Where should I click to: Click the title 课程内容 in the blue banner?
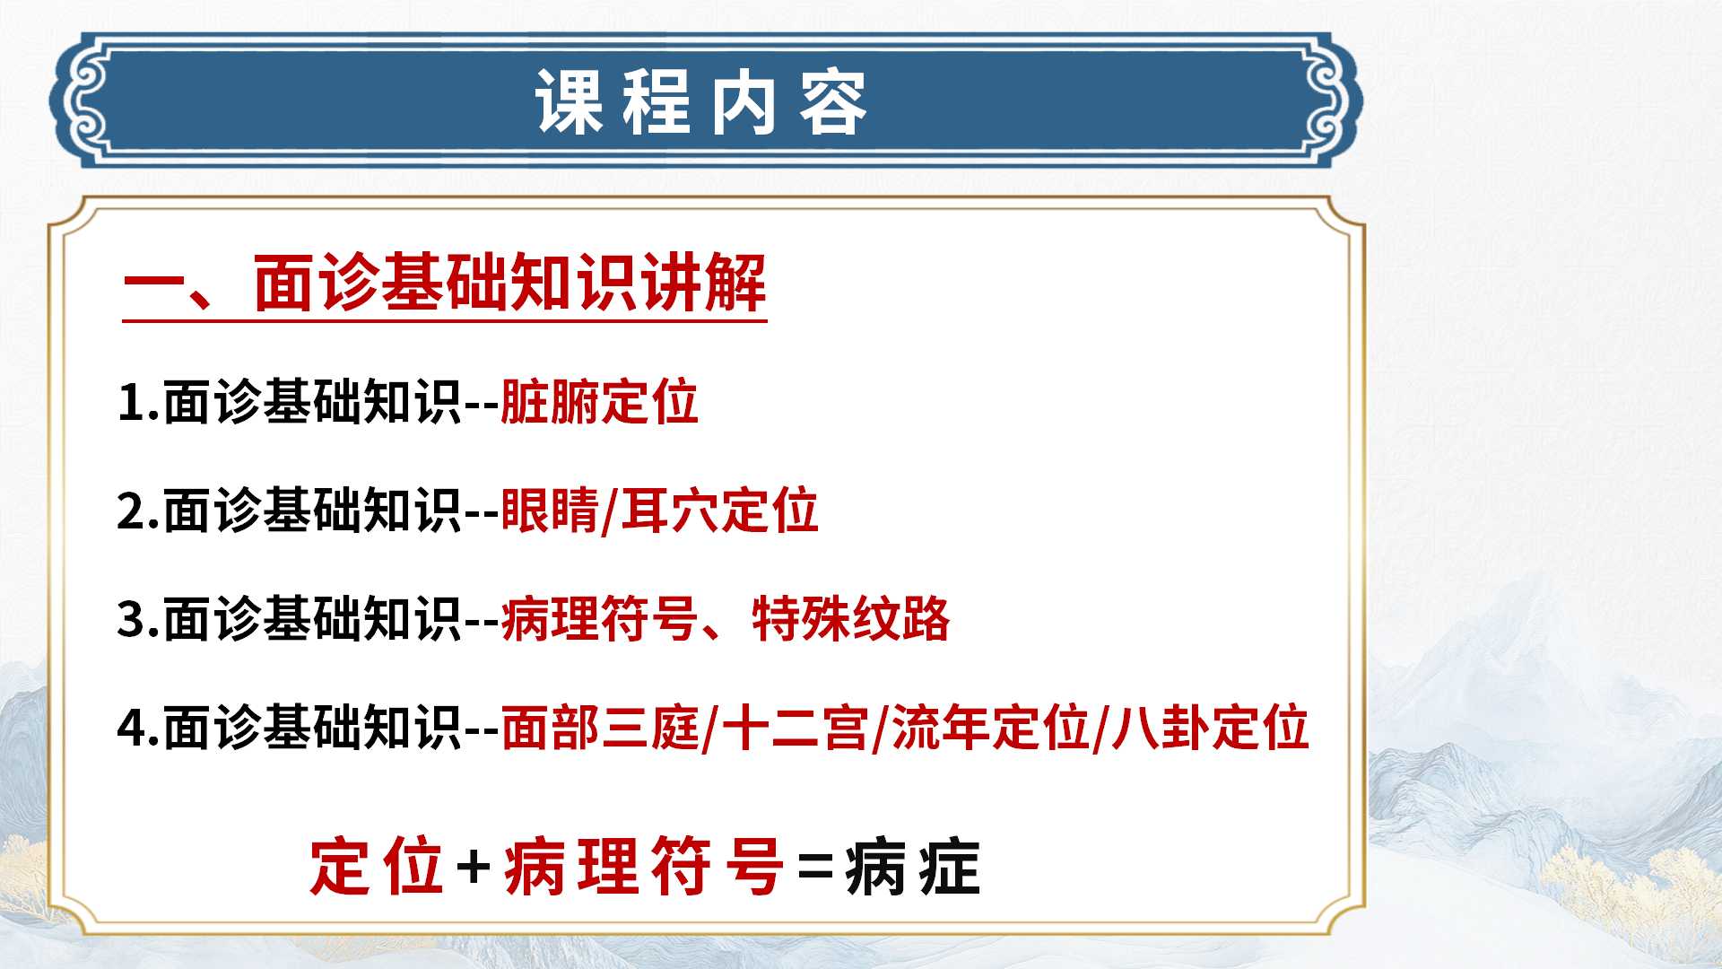click(x=701, y=103)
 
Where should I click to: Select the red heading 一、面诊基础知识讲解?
click(x=445, y=284)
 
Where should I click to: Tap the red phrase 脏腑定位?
click(x=599, y=401)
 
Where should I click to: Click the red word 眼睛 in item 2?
click(x=550, y=511)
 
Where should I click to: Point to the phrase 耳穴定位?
click(x=719, y=511)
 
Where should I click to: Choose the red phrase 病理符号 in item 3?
click(x=599, y=619)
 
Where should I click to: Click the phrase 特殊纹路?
click(x=851, y=619)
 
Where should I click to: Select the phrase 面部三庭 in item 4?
click(x=599, y=728)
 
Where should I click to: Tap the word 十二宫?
click(x=795, y=728)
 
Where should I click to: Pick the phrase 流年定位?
click(x=990, y=728)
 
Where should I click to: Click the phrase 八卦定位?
click(x=1211, y=728)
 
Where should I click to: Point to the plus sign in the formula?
click(x=474, y=868)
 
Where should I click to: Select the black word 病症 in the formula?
click(x=913, y=867)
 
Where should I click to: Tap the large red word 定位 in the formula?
click(x=377, y=867)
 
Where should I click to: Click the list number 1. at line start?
click(x=139, y=402)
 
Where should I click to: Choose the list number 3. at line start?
click(x=139, y=620)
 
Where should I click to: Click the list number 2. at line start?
click(x=139, y=511)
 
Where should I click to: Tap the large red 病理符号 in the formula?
click(x=644, y=867)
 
